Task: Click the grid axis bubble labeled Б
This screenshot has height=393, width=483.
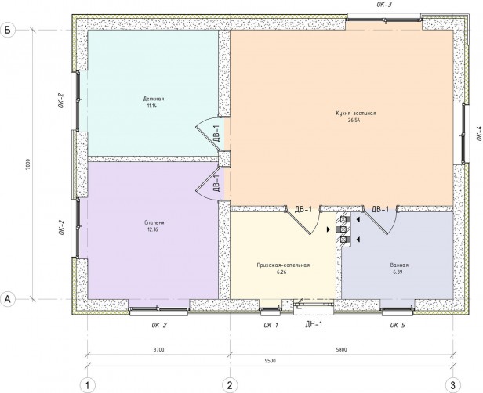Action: [7, 30]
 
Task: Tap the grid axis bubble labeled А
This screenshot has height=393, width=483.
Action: [7, 298]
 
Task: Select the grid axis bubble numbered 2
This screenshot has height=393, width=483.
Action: [230, 385]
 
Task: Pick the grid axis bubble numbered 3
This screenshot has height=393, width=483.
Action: [453, 385]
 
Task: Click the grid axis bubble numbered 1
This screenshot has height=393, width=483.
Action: [88, 385]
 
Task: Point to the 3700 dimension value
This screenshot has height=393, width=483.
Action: [159, 350]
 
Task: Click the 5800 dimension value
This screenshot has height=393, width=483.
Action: [342, 350]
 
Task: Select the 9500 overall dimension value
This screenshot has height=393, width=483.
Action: [271, 361]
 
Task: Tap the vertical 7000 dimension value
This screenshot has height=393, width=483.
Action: [27, 164]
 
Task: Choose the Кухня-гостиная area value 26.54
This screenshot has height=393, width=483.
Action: [354, 121]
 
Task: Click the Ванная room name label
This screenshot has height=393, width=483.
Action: [399, 265]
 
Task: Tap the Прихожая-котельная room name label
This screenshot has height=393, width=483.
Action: [283, 265]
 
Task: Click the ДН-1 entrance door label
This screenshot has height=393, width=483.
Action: [314, 324]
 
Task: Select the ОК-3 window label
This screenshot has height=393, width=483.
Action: [384, 4]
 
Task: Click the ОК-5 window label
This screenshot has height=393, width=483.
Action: [398, 325]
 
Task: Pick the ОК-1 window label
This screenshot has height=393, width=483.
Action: [271, 325]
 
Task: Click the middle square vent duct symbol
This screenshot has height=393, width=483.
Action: [343, 229]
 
